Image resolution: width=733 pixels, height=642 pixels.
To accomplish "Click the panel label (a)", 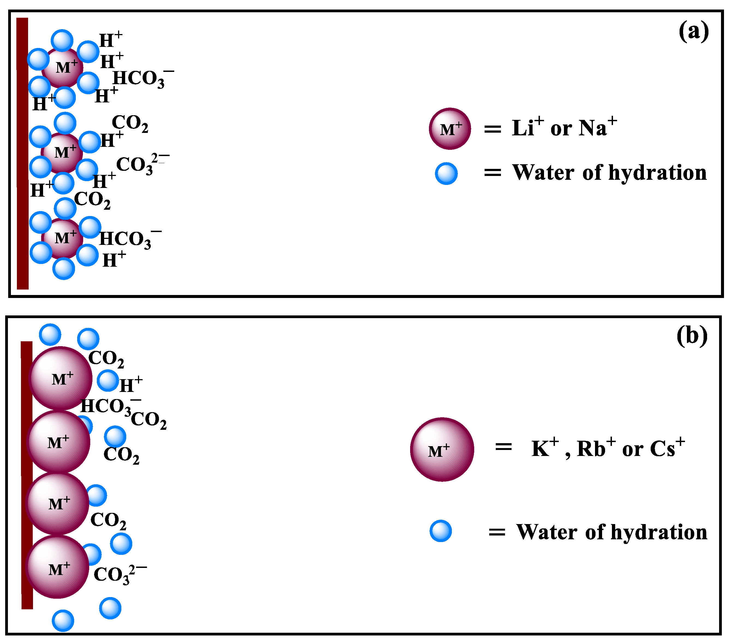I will pos(693,32).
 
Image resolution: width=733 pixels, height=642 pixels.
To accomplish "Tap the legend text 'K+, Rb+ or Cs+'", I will pos(608,448).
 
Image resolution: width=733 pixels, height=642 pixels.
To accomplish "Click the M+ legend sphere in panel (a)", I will pos(450,129).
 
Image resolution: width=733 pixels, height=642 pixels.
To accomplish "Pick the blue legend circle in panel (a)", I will pos(446,174).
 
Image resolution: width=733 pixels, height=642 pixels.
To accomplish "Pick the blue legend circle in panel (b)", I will pos(440,531).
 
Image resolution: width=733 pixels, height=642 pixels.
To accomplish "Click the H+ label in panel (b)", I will pos(130,385).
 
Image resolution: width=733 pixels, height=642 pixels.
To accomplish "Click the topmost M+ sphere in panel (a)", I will pos(63,67).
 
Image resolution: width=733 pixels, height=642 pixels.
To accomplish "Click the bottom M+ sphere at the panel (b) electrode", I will pos(57,567).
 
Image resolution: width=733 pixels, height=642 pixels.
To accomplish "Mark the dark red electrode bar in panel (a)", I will pos(23,154).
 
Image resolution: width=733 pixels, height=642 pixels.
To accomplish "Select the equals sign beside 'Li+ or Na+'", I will pos(492,129).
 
